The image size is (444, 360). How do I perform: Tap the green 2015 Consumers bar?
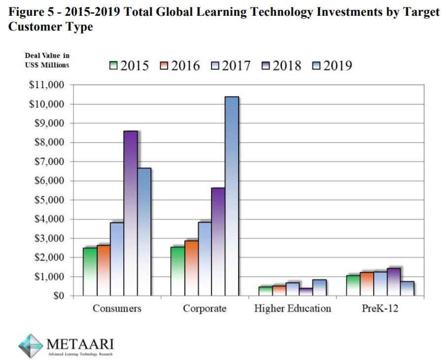click(89, 271)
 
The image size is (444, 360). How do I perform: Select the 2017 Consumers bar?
click(117, 259)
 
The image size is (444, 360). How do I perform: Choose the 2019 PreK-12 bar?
click(407, 288)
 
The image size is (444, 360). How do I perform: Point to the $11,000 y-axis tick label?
click(48, 85)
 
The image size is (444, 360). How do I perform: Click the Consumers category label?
click(117, 309)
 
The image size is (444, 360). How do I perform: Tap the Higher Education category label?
click(293, 309)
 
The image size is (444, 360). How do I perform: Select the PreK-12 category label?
click(380, 309)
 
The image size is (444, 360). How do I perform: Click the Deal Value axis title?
click(47, 61)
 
